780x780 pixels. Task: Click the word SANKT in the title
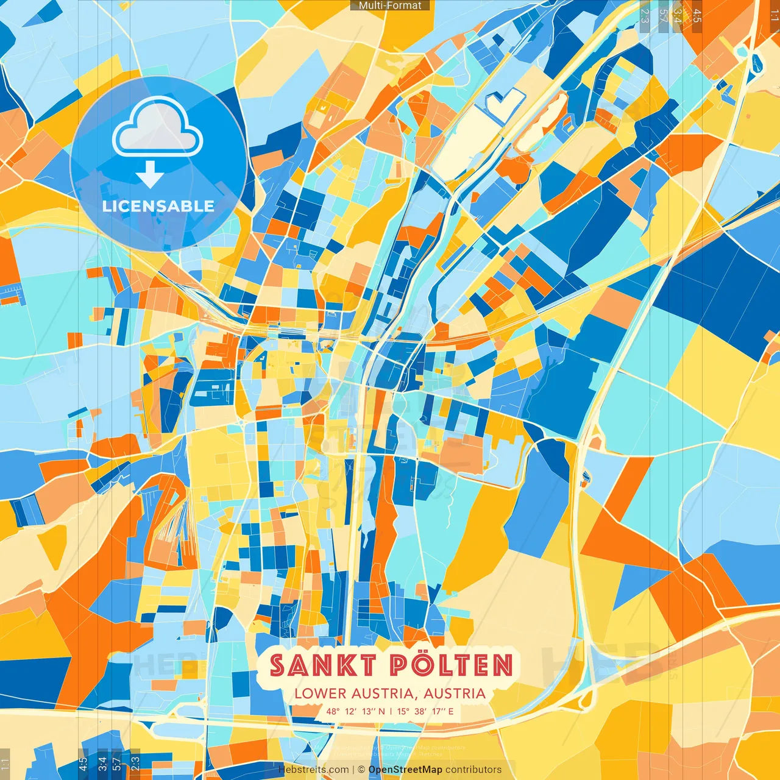(322, 665)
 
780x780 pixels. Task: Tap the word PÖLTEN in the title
(452, 665)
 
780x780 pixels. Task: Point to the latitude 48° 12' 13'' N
(355, 711)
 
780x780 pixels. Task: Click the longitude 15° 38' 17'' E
(425, 711)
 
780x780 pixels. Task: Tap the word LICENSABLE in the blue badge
(158, 206)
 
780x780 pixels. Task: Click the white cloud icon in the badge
(158, 129)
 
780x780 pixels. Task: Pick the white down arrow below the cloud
(150, 174)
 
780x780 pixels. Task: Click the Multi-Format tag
(390, 5)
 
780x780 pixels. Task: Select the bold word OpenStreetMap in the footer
(405, 770)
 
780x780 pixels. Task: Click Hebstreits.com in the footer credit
(314, 770)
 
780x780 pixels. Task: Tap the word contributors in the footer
(473, 770)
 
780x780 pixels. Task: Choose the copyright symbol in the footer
(361, 770)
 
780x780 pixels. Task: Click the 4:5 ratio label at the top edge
(697, 15)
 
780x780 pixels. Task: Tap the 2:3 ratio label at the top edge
(645, 15)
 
